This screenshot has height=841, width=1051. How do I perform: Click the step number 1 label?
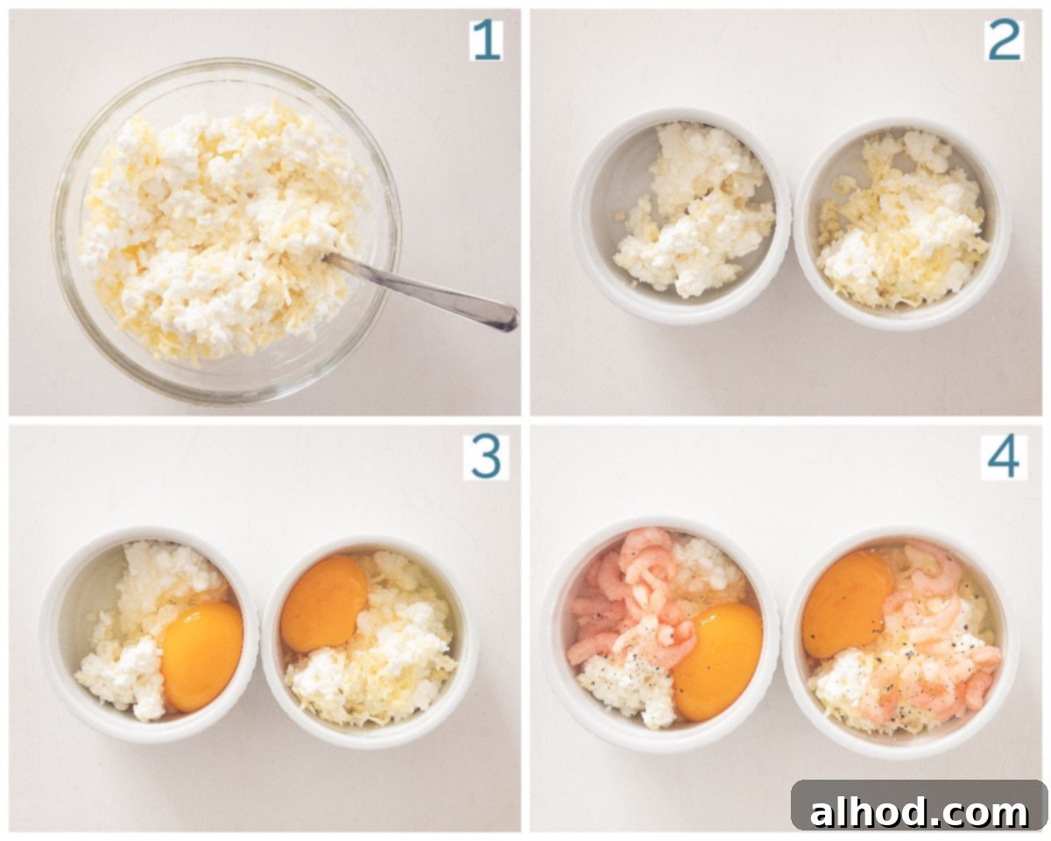pyautogui.click(x=486, y=40)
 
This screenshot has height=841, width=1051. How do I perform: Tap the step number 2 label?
pyautogui.click(x=1004, y=40)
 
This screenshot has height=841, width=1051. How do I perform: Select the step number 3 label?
pyautogui.click(x=486, y=457)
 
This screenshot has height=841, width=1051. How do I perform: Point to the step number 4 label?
pyautogui.click(x=1004, y=457)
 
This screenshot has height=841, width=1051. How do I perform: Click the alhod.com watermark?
pyautogui.click(x=919, y=812)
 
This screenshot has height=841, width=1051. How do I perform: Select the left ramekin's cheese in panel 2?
pyautogui.click(x=694, y=210)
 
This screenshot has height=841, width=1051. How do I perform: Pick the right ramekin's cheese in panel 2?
pyautogui.click(x=904, y=220)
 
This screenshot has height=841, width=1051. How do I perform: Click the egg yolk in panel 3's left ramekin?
pyautogui.click(x=201, y=656)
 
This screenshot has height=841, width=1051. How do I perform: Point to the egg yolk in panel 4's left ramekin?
pyautogui.click(x=717, y=661)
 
